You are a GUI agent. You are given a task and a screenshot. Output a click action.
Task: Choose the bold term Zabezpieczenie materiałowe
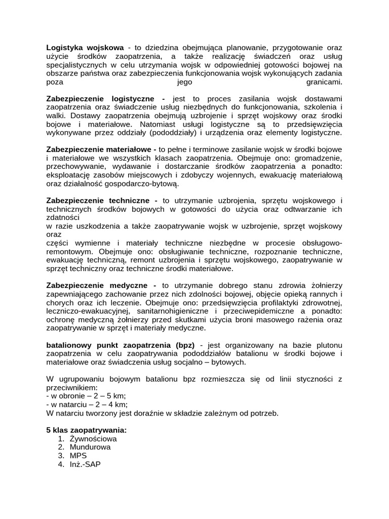(101, 150)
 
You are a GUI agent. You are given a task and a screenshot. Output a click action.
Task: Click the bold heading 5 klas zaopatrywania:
(86, 430)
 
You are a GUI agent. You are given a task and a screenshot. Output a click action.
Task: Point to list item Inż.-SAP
(85, 464)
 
